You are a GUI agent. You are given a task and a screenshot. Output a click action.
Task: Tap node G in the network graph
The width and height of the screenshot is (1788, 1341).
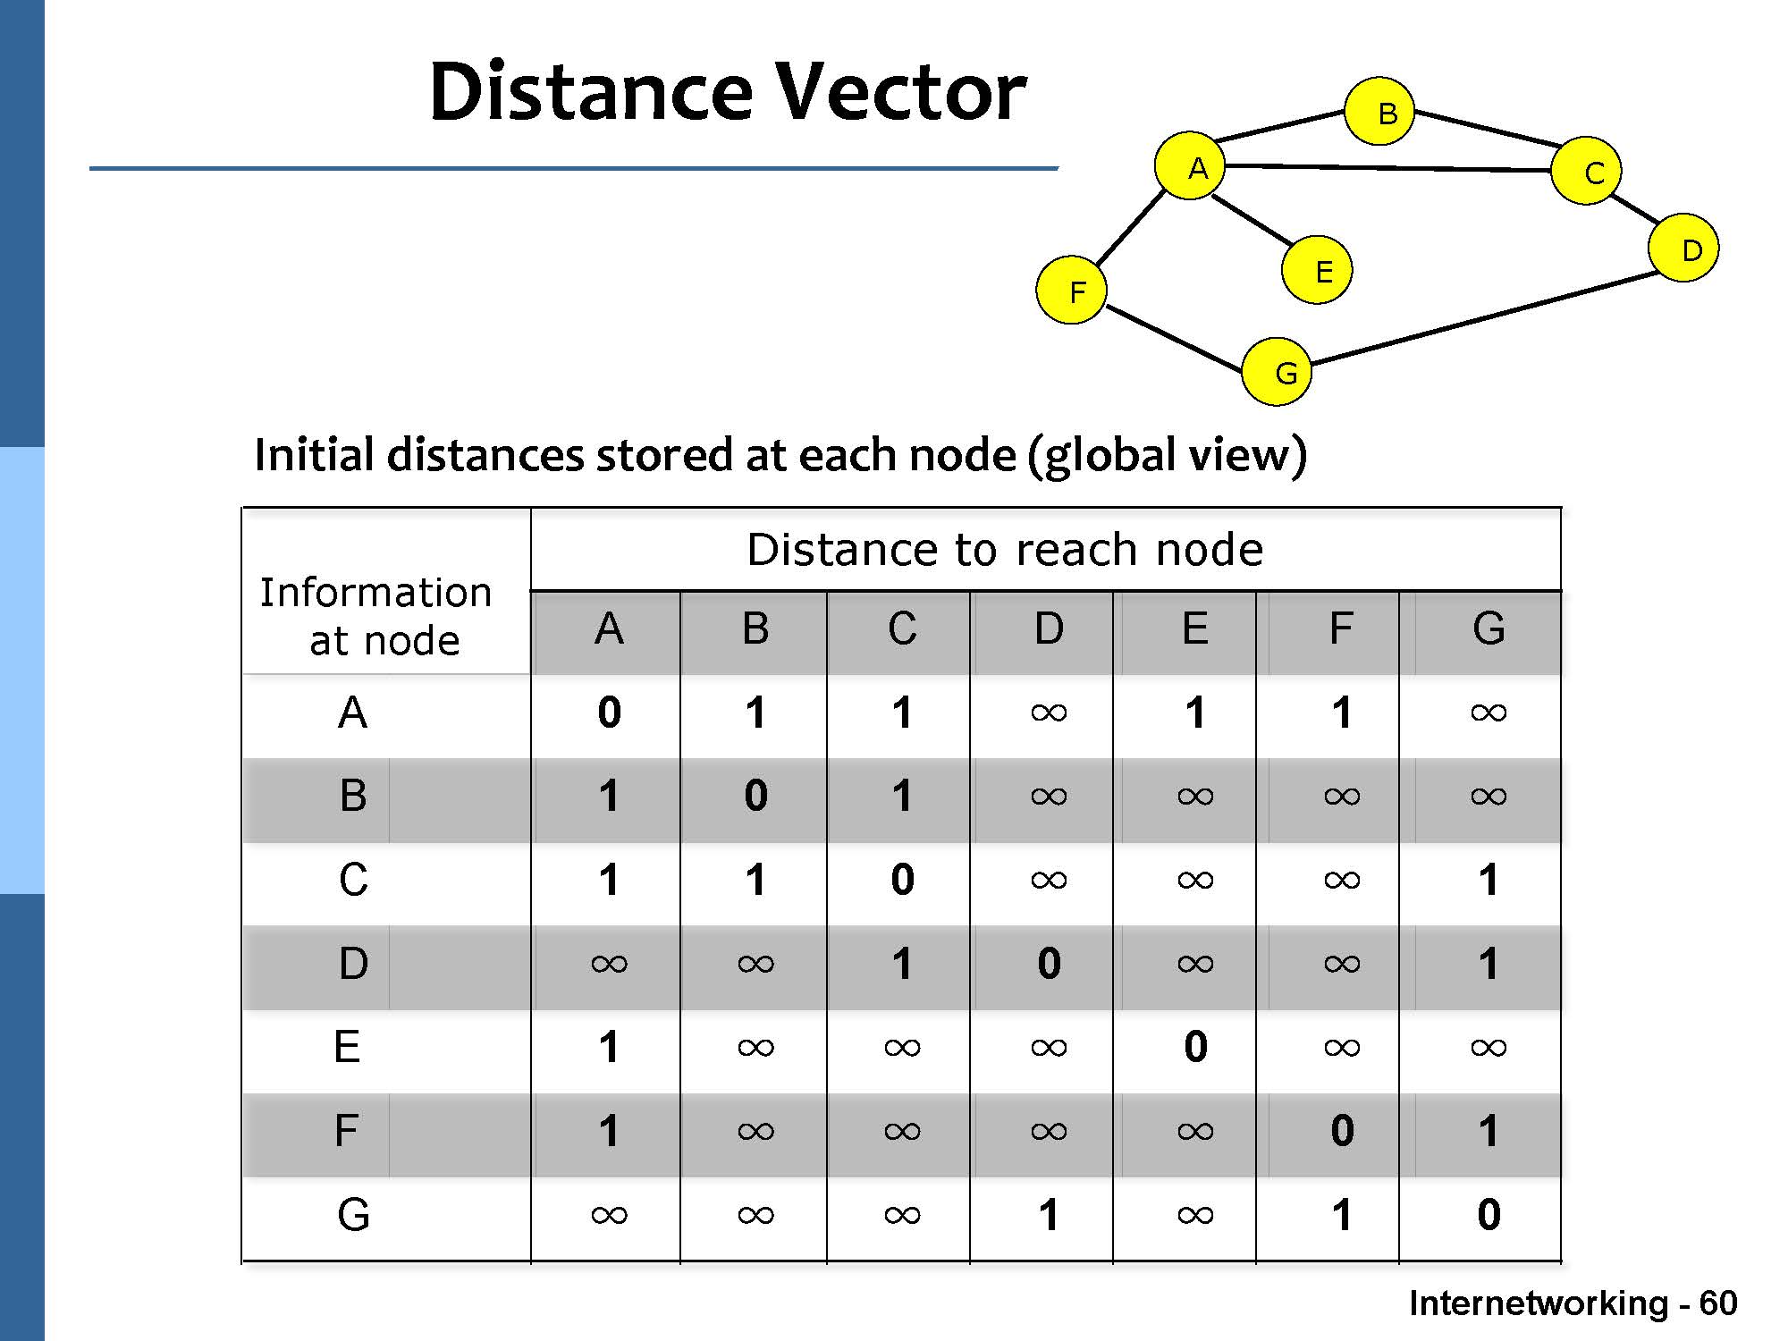pyautogui.click(x=1277, y=371)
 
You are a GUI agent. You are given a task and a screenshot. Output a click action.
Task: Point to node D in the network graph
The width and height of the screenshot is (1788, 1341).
pyautogui.click(x=1683, y=249)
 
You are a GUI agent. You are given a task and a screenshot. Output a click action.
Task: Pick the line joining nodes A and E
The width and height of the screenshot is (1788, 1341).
pyautogui.click(x=1252, y=219)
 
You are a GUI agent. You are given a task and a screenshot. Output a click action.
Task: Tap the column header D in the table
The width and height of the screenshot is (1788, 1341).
pyautogui.click(x=1049, y=629)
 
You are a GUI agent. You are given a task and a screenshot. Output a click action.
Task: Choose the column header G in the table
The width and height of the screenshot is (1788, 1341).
pyautogui.click(x=1489, y=629)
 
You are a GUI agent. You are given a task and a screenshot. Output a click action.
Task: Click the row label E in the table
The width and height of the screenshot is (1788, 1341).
pyautogui.click(x=347, y=1047)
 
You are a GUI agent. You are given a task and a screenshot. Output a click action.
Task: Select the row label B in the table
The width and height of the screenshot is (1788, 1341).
pyautogui.click(x=353, y=796)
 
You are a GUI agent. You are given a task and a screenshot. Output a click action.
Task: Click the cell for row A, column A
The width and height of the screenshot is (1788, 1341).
pyautogui.click(x=609, y=713)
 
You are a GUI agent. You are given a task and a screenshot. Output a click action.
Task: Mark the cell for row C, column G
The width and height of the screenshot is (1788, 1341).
pyautogui.click(x=1489, y=880)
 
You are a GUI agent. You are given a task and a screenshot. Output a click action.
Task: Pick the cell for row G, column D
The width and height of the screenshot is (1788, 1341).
pyautogui.click(x=1049, y=1215)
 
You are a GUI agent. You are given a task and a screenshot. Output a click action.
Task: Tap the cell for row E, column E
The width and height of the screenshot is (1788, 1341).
pyautogui.click(x=1195, y=1047)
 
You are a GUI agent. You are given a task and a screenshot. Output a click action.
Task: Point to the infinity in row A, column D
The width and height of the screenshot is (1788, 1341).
pyautogui.click(x=1049, y=713)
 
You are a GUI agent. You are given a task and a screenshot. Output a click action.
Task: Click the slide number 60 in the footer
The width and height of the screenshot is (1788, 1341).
pyautogui.click(x=1717, y=1303)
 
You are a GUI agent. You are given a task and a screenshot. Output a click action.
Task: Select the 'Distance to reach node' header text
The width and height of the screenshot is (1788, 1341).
pyautogui.click(x=1005, y=549)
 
